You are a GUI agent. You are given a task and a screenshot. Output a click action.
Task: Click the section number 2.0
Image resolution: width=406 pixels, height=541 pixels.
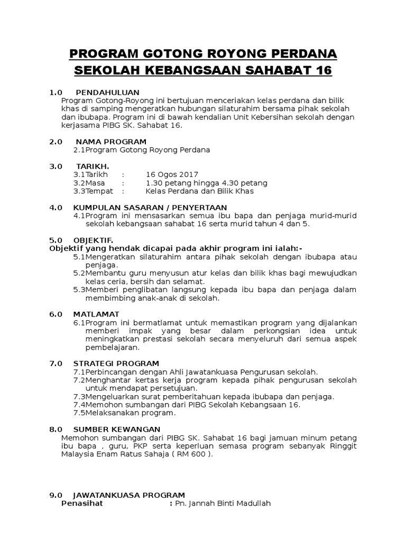pos(56,142)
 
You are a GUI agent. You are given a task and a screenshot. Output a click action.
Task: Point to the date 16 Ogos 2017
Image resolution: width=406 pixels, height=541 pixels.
pos(172,174)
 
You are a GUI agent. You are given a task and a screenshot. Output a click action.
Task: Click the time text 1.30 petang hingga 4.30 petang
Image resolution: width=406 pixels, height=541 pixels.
pos(207,183)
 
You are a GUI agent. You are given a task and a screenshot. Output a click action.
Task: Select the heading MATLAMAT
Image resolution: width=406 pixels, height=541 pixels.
pos(96,314)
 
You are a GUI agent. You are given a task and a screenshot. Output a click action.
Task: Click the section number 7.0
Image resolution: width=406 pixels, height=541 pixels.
pos(56,363)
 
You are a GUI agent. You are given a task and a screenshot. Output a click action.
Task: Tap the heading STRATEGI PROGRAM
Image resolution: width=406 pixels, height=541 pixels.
pos(116,363)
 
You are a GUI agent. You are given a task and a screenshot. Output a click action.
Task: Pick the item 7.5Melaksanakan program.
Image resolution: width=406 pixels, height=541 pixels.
pos(124,413)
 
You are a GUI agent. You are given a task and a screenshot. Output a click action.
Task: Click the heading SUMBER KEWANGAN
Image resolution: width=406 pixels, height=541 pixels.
pos(116,429)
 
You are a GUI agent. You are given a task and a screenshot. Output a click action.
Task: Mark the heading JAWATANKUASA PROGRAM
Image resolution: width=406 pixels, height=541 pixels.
pos(129,495)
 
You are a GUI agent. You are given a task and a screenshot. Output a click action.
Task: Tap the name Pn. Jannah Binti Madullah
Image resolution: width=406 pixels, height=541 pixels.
pos(223,503)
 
